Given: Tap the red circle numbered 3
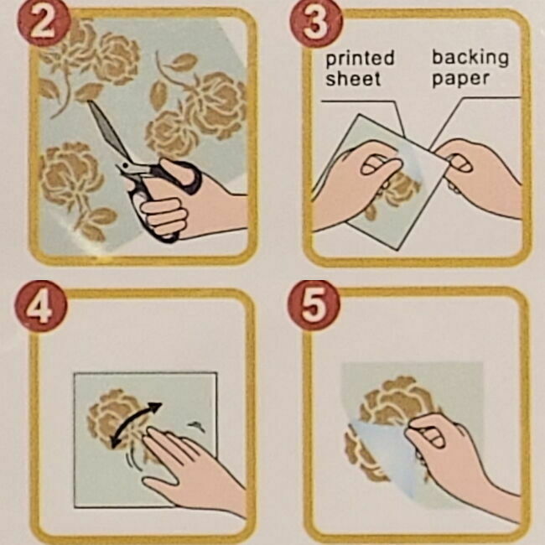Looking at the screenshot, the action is pyautogui.click(x=315, y=23).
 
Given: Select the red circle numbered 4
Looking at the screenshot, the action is pyautogui.click(x=40, y=307).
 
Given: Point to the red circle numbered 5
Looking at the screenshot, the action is pyautogui.click(x=314, y=306).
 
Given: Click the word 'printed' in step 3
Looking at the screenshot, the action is pyautogui.click(x=360, y=59).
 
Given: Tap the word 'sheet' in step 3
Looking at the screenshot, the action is pyautogui.click(x=353, y=79).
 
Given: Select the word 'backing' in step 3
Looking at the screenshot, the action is pyautogui.click(x=470, y=58).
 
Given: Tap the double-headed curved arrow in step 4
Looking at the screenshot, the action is pyautogui.click(x=136, y=424).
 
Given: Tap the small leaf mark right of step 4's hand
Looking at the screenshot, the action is pyautogui.click(x=196, y=425).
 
